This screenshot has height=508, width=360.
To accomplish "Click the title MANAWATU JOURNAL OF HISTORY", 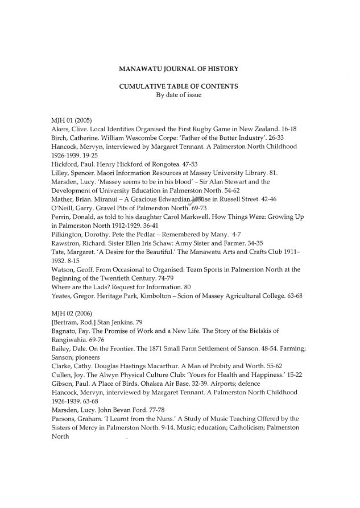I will [x=178, y=69].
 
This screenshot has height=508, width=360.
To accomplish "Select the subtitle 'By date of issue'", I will [x=179, y=95].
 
